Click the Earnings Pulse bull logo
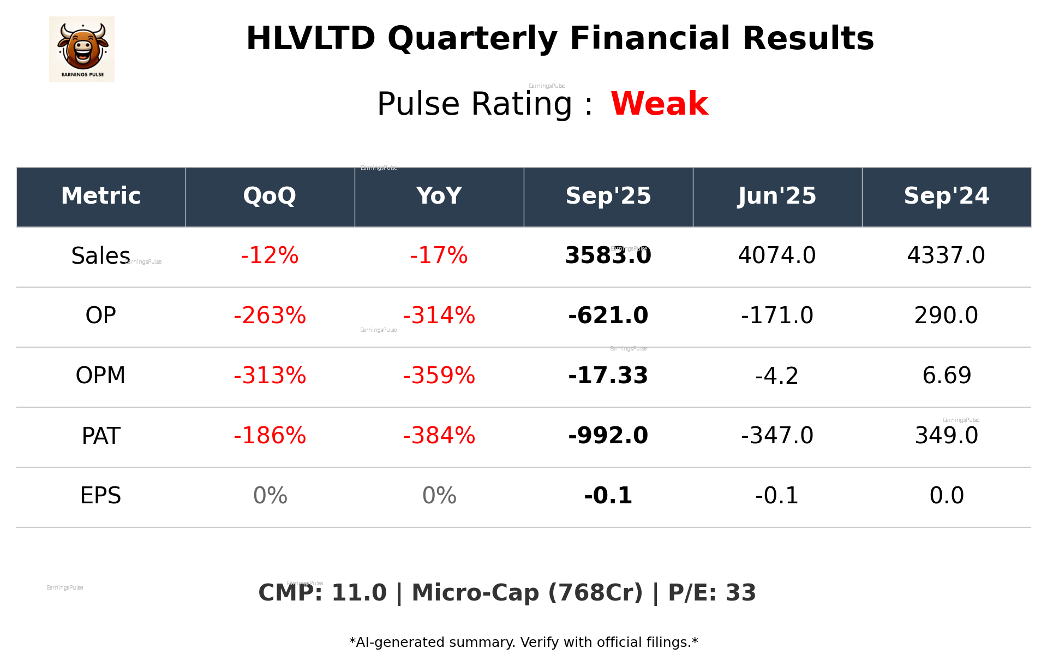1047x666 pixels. click(82, 49)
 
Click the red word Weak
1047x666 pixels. click(659, 104)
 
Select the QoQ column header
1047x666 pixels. click(270, 196)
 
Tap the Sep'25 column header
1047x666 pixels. click(608, 196)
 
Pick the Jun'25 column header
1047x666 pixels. click(777, 196)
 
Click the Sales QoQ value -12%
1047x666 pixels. click(270, 255)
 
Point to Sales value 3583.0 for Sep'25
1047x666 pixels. click(608, 255)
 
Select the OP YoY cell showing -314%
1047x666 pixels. click(439, 316)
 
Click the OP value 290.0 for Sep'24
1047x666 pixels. click(946, 316)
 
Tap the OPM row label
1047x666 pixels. click(100, 376)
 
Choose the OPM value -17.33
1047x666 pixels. click(608, 376)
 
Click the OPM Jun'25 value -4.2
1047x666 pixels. click(777, 376)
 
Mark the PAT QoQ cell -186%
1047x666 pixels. click(270, 436)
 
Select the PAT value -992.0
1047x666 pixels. click(608, 436)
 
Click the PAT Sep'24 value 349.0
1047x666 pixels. click(946, 436)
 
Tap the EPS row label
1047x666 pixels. click(100, 496)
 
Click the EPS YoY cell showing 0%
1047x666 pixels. click(439, 496)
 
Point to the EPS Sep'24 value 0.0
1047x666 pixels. click(946, 496)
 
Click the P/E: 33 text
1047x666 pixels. click(711, 593)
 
